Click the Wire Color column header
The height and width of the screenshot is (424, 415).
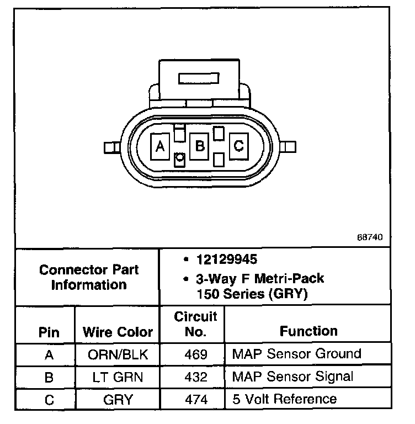(x=118, y=332)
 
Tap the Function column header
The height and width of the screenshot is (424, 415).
(x=308, y=331)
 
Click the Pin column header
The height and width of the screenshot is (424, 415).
(x=50, y=332)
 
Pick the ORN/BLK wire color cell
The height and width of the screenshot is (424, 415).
(x=118, y=354)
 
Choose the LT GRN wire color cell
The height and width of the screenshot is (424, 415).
(x=118, y=377)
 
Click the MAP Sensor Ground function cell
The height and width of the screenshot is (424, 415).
(x=296, y=353)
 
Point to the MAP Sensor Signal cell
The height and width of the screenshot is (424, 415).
(x=292, y=377)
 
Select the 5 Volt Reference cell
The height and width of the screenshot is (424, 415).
(x=284, y=399)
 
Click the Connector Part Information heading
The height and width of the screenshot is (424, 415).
(x=89, y=278)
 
